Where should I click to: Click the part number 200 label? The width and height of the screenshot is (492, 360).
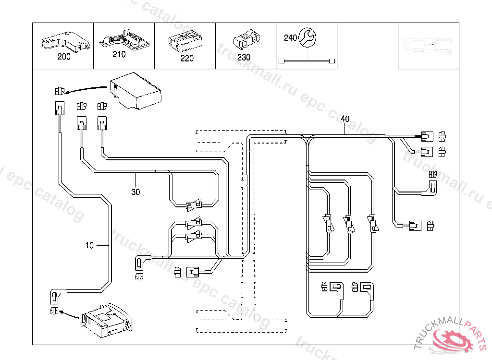(x=63, y=57)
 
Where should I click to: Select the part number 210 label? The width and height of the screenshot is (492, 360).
(x=119, y=54)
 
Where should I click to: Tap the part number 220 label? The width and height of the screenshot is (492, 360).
(x=187, y=58)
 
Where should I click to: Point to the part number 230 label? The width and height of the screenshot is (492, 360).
(x=244, y=57)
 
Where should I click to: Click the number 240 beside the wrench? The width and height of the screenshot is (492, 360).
(x=290, y=38)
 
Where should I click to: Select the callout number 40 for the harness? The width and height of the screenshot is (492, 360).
(x=345, y=118)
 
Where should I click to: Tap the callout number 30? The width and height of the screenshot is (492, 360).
(x=136, y=192)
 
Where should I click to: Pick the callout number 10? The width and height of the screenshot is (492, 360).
(x=89, y=245)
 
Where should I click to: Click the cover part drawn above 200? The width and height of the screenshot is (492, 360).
(x=64, y=41)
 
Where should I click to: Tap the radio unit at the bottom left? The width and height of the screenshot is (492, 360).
(x=106, y=321)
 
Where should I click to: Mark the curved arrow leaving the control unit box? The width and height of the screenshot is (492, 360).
(x=86, y=89)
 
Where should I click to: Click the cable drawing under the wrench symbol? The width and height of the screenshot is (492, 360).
(x=307, y=61)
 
